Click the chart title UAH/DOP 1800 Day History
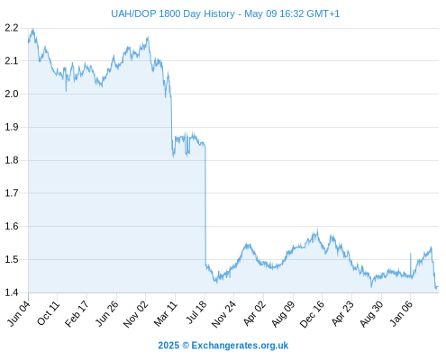click(173, 13)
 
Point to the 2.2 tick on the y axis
click(12, 28)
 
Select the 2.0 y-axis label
click(12, 94)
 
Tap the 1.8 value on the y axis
click(12, 160)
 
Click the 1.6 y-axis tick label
click(12, 226)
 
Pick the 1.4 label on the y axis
click(12, 292)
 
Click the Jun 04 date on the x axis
click(19, 313)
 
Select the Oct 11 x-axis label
click(48, 313)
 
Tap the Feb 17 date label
click(77, 313)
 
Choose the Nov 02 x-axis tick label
click(135, 313)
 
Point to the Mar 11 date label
click(166, 313)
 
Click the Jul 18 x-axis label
click(196, 312)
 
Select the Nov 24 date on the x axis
click(223, 313)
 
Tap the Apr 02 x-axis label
click(254, 313)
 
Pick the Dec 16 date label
click(312, 313)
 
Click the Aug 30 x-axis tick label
click(372, 313)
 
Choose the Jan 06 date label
click(402, 313)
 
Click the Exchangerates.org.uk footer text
click(240, 346)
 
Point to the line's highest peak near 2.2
click(32, 29)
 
